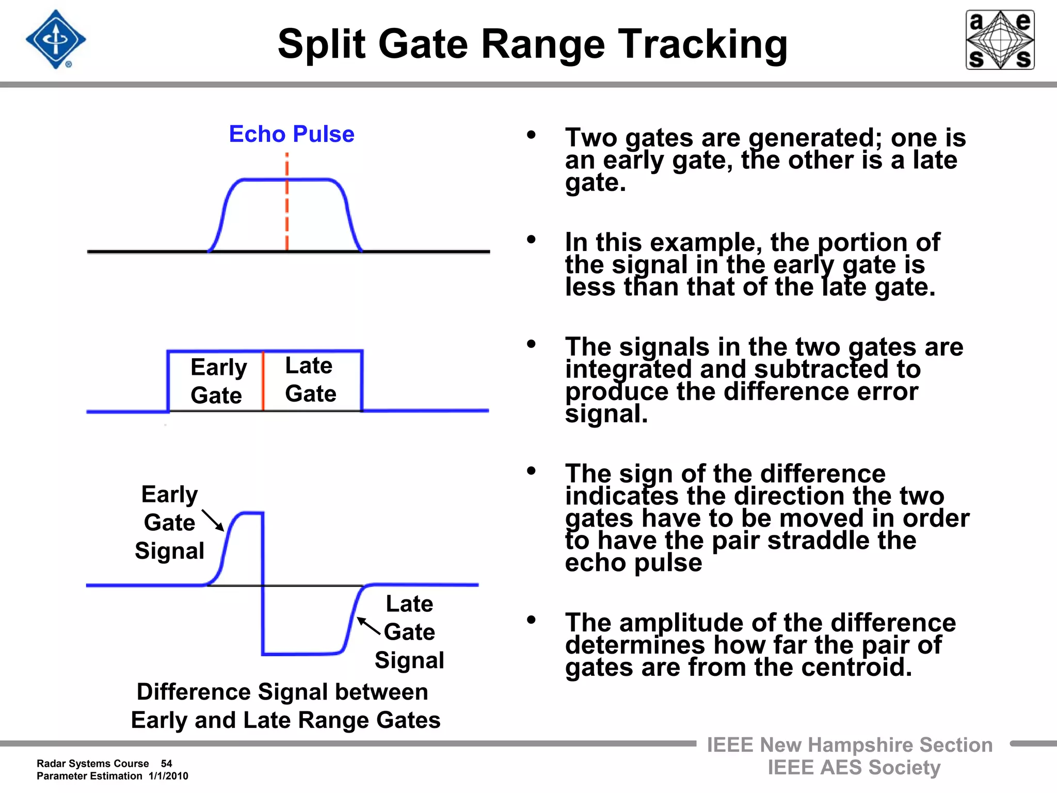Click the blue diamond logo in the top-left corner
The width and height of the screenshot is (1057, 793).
(56, 39)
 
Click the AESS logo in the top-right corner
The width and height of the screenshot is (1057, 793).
(1000, 40)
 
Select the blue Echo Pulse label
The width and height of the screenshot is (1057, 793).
(292, 134)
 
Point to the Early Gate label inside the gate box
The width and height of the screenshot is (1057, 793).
(218, 381)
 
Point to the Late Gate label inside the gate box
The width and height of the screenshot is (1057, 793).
(310, 379)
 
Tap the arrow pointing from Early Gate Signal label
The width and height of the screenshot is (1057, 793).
(213, 520)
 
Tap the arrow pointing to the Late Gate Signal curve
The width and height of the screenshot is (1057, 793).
(369, 626)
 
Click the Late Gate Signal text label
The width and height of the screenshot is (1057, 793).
(409, 632)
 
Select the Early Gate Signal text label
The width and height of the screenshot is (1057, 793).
(169, 522)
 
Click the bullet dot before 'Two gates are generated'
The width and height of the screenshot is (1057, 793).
(531, 135)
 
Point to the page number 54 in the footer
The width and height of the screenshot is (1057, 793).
(166, 764)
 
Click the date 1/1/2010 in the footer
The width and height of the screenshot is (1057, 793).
(168, 776)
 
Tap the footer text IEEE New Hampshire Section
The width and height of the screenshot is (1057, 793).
(850, 745)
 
